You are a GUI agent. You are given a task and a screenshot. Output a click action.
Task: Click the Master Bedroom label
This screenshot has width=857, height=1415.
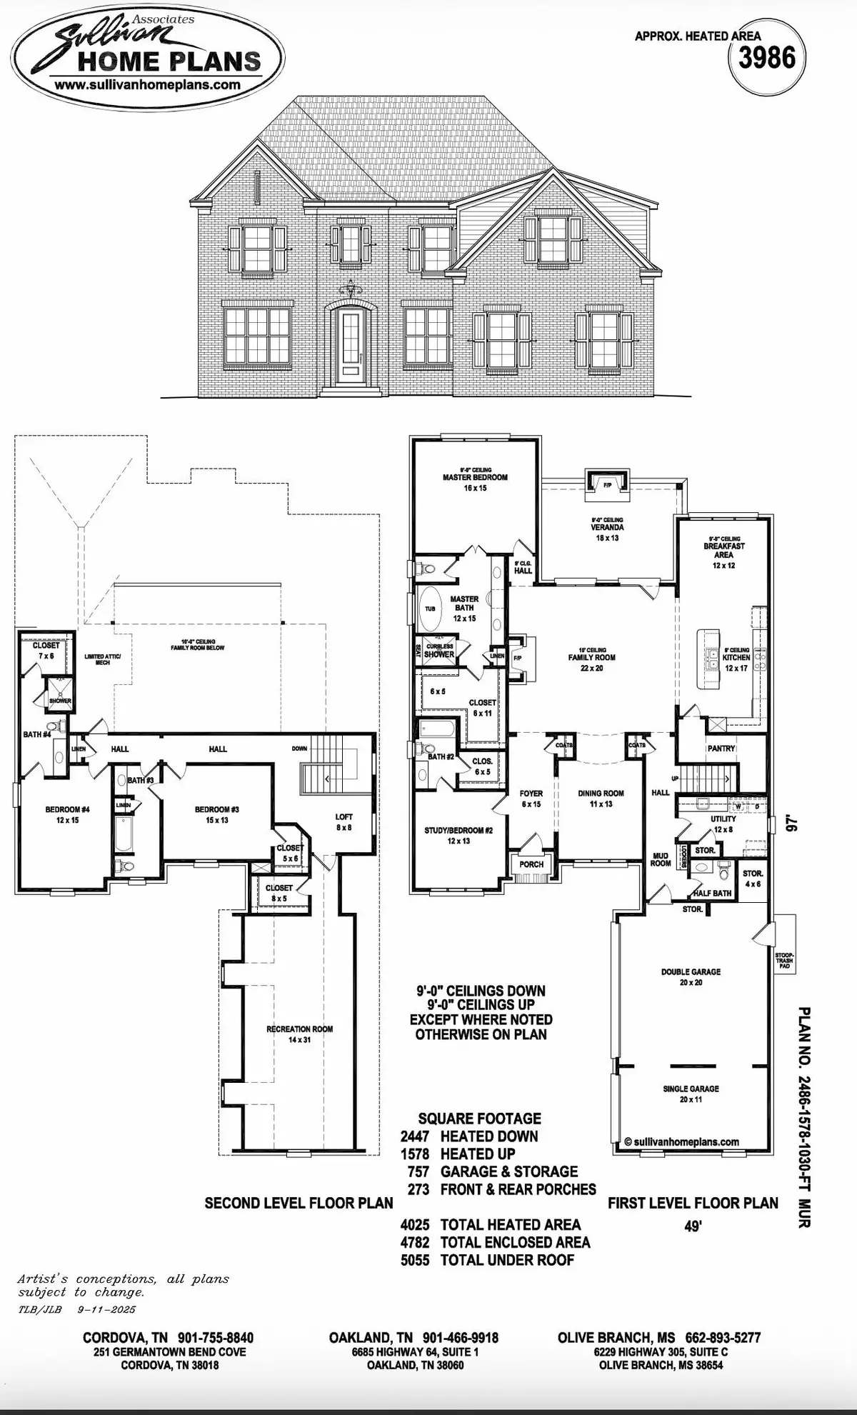pos(475,477)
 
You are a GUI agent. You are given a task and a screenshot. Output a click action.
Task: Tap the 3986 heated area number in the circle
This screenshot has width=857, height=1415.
pos(766,58)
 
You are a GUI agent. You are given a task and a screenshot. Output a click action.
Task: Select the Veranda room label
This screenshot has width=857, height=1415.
pos(607,528)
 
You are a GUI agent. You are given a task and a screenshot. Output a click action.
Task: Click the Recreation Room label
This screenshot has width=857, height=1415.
pos(299,1029)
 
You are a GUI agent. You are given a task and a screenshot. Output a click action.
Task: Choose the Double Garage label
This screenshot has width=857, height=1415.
pos(691,972)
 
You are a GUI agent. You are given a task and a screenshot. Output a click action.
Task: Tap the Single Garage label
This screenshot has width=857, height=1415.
pos(691,1089)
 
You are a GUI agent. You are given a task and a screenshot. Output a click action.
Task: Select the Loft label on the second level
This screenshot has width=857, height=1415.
pos(344,817)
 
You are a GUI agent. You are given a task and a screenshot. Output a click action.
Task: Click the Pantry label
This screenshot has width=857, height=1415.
pos(721,749)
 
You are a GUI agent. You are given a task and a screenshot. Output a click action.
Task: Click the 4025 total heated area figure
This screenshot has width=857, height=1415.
pos(415,1225)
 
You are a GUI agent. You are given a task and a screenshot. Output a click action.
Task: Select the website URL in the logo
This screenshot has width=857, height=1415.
pos(146,84)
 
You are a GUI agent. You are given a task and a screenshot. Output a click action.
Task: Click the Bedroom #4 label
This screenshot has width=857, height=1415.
pos(67,809)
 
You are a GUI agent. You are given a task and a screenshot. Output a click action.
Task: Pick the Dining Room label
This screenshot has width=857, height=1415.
pos(601,793)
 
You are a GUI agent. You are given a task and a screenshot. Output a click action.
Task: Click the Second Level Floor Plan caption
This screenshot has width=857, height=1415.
pos(299,1203)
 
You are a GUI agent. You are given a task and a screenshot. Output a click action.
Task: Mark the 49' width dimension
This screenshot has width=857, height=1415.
pos(693,1227)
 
